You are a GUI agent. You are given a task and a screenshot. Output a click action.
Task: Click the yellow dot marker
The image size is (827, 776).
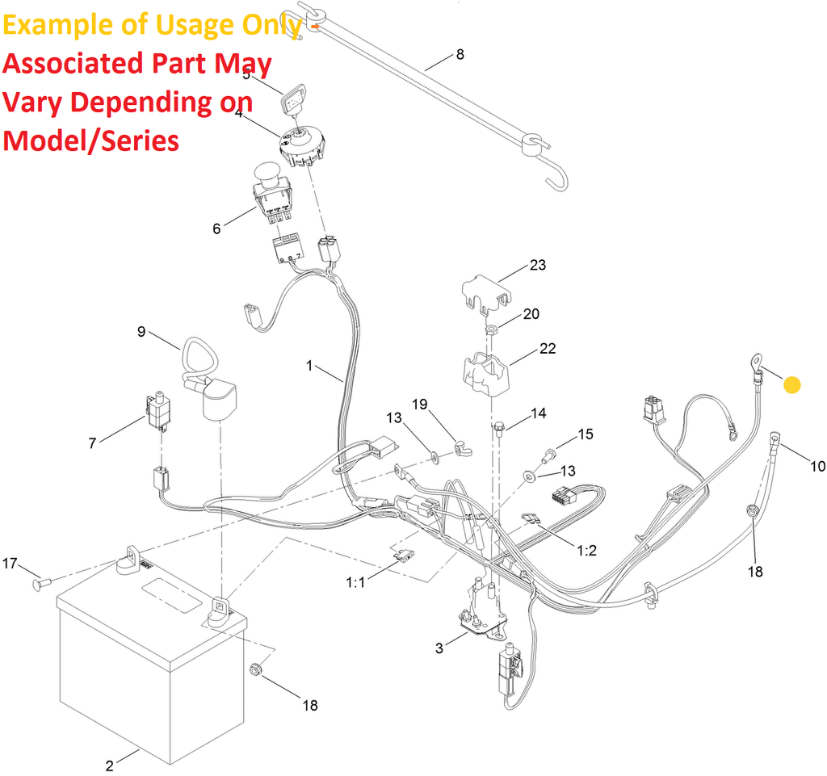coord(793,385)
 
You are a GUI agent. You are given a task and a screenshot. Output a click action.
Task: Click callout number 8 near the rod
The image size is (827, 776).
coord(460,55)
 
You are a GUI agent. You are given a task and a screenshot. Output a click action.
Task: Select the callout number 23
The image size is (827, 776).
coord(538,265)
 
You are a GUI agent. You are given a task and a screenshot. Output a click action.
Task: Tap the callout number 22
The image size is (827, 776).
coord(548,349)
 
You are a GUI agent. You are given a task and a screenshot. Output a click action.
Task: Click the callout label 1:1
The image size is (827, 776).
coord(356,582)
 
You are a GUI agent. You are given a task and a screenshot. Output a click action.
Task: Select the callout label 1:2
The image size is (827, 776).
coord(586,551)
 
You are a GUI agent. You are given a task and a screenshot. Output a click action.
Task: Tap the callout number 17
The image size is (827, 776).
coord(10,563)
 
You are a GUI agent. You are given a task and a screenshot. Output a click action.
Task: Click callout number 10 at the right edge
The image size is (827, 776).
coord(818,466)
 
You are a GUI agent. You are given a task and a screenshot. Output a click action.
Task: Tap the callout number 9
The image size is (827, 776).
coord(141,331)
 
